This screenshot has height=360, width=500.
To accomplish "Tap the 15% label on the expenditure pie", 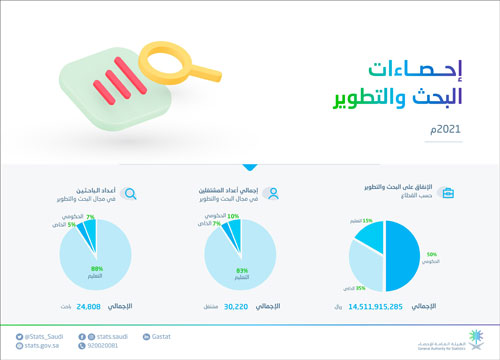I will click(x=369, y=219).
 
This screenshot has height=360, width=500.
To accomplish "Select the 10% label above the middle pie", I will click(x=233, y=215).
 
